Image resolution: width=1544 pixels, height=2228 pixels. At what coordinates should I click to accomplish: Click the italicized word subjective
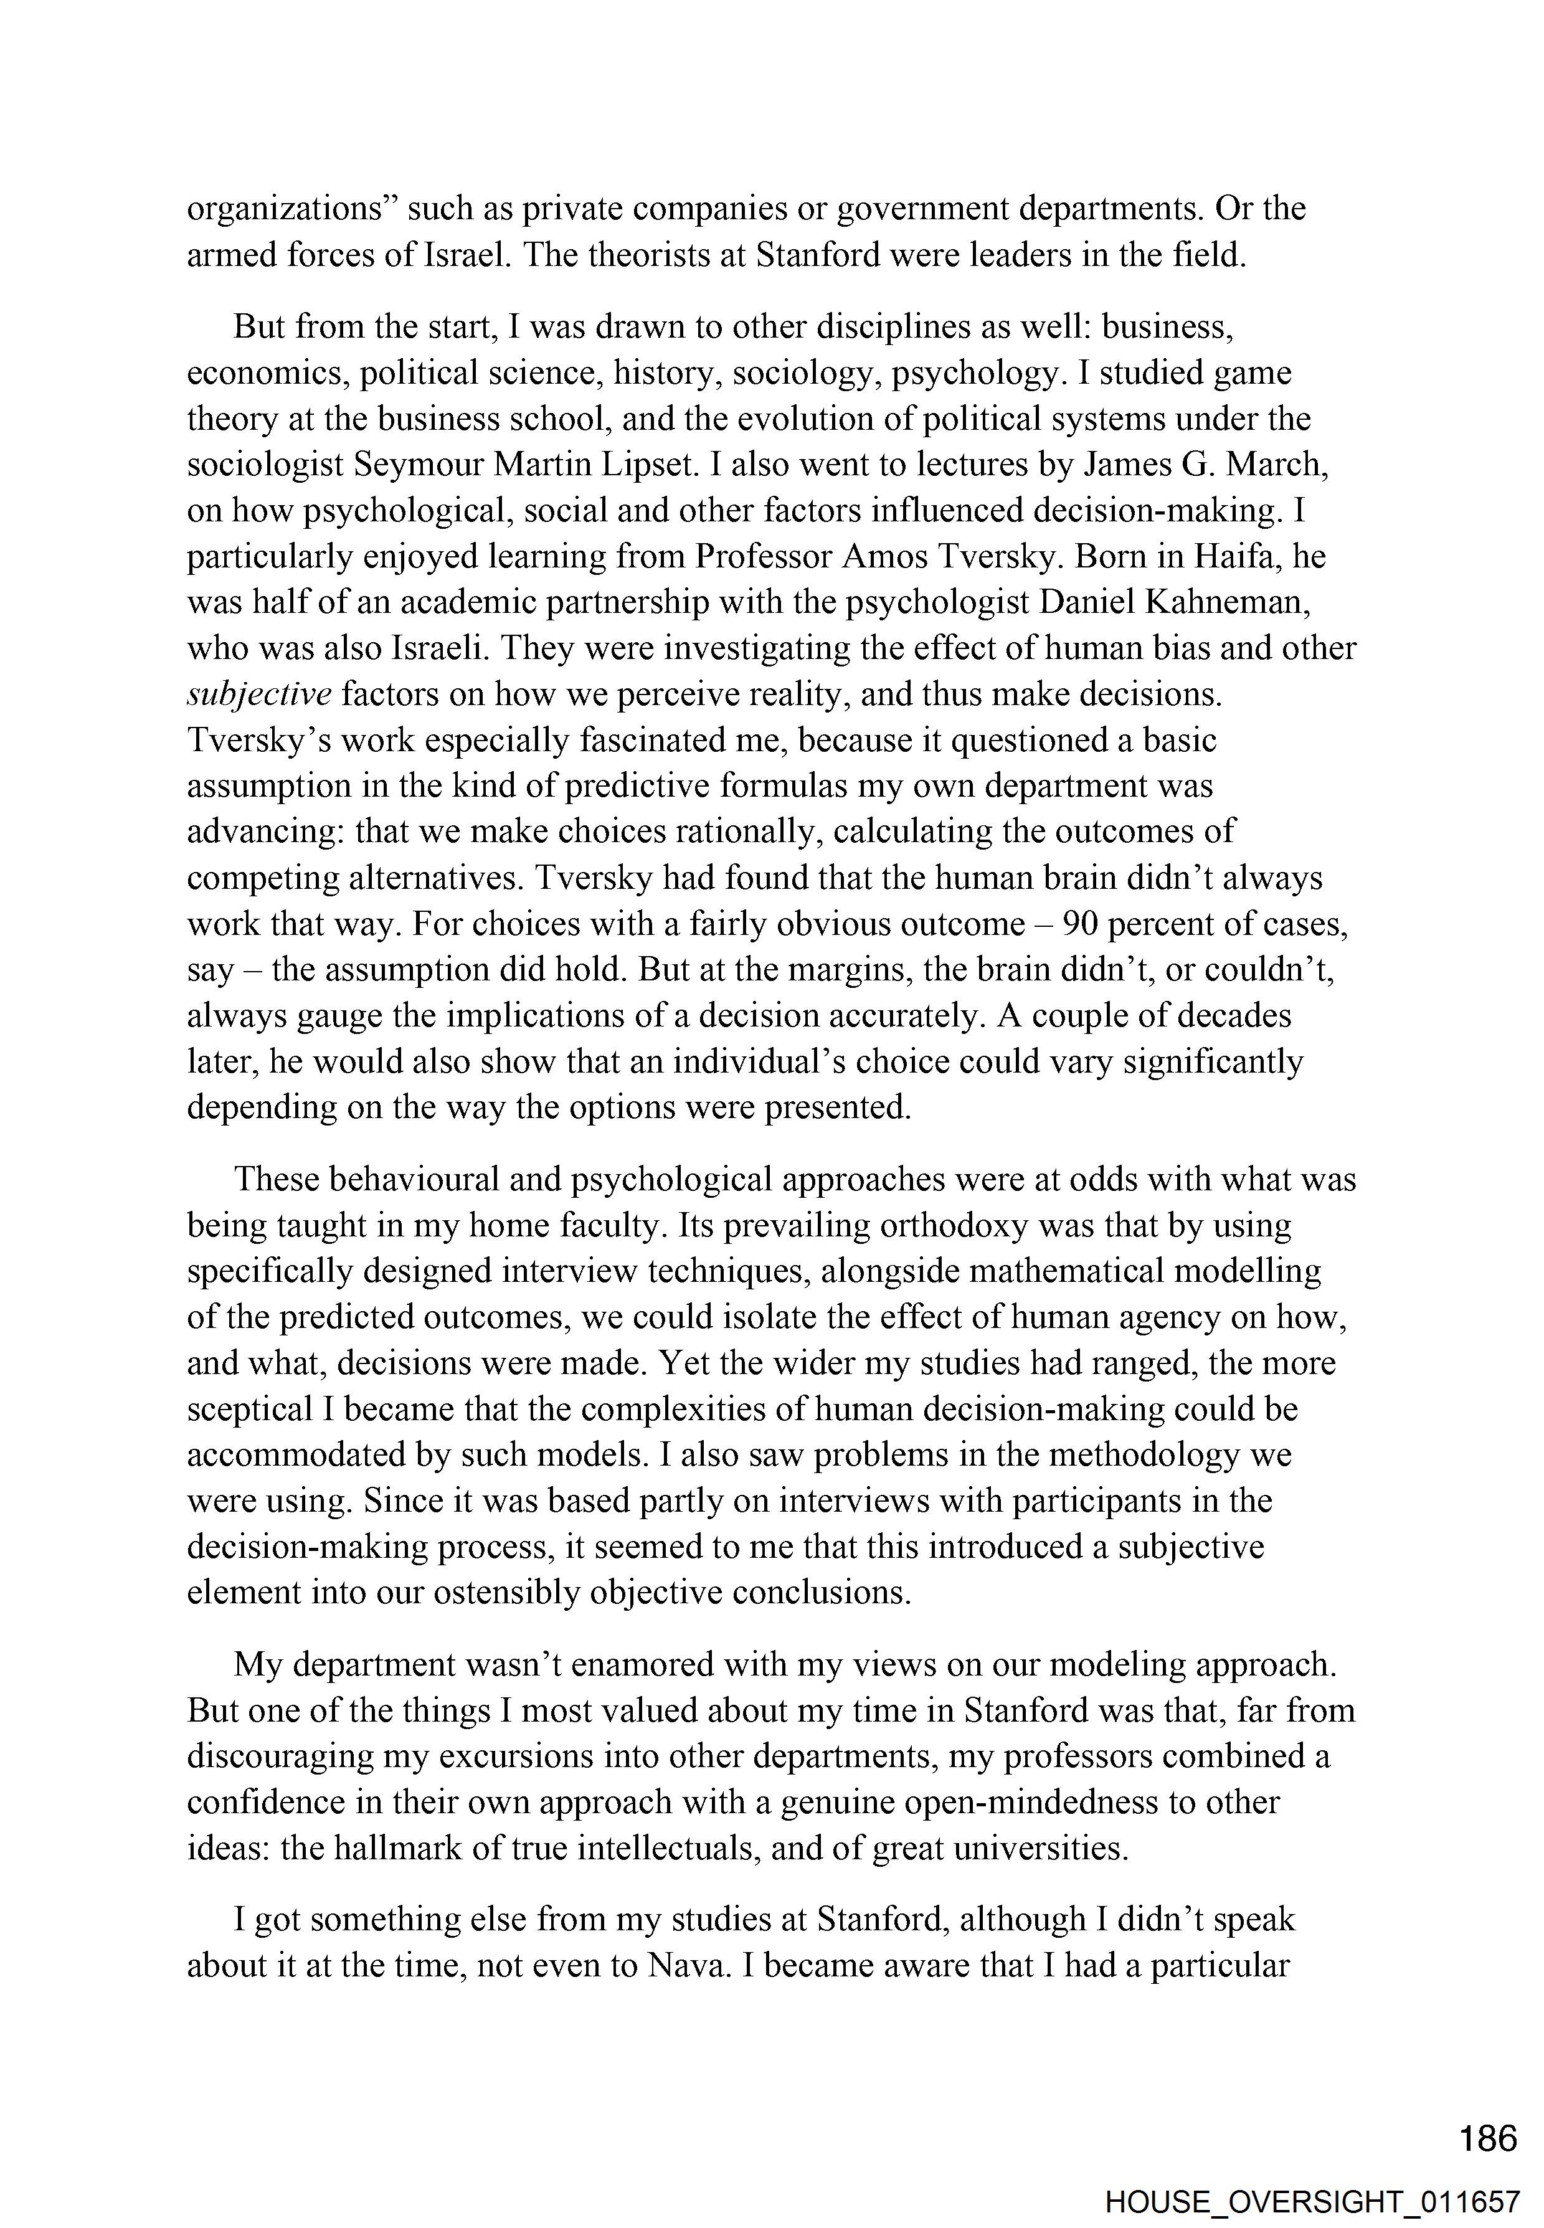pos(259,694)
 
